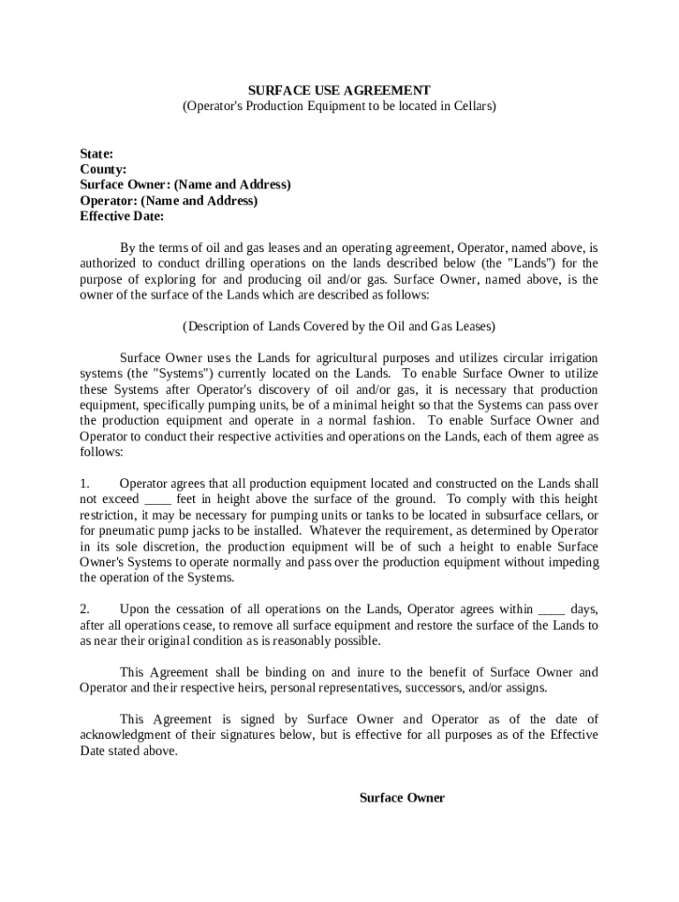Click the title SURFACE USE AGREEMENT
[339, 90]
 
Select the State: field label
[96, 153]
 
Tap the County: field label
[103, 169]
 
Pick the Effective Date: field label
[123, 217]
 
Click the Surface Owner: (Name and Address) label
[185, 185]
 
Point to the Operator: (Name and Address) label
[169, 201]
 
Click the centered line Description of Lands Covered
[339, 326]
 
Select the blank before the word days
[551, 609]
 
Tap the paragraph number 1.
[85, 484]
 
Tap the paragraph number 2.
[85, 609]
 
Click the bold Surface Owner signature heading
[402, 798]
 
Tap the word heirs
[238, 688]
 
